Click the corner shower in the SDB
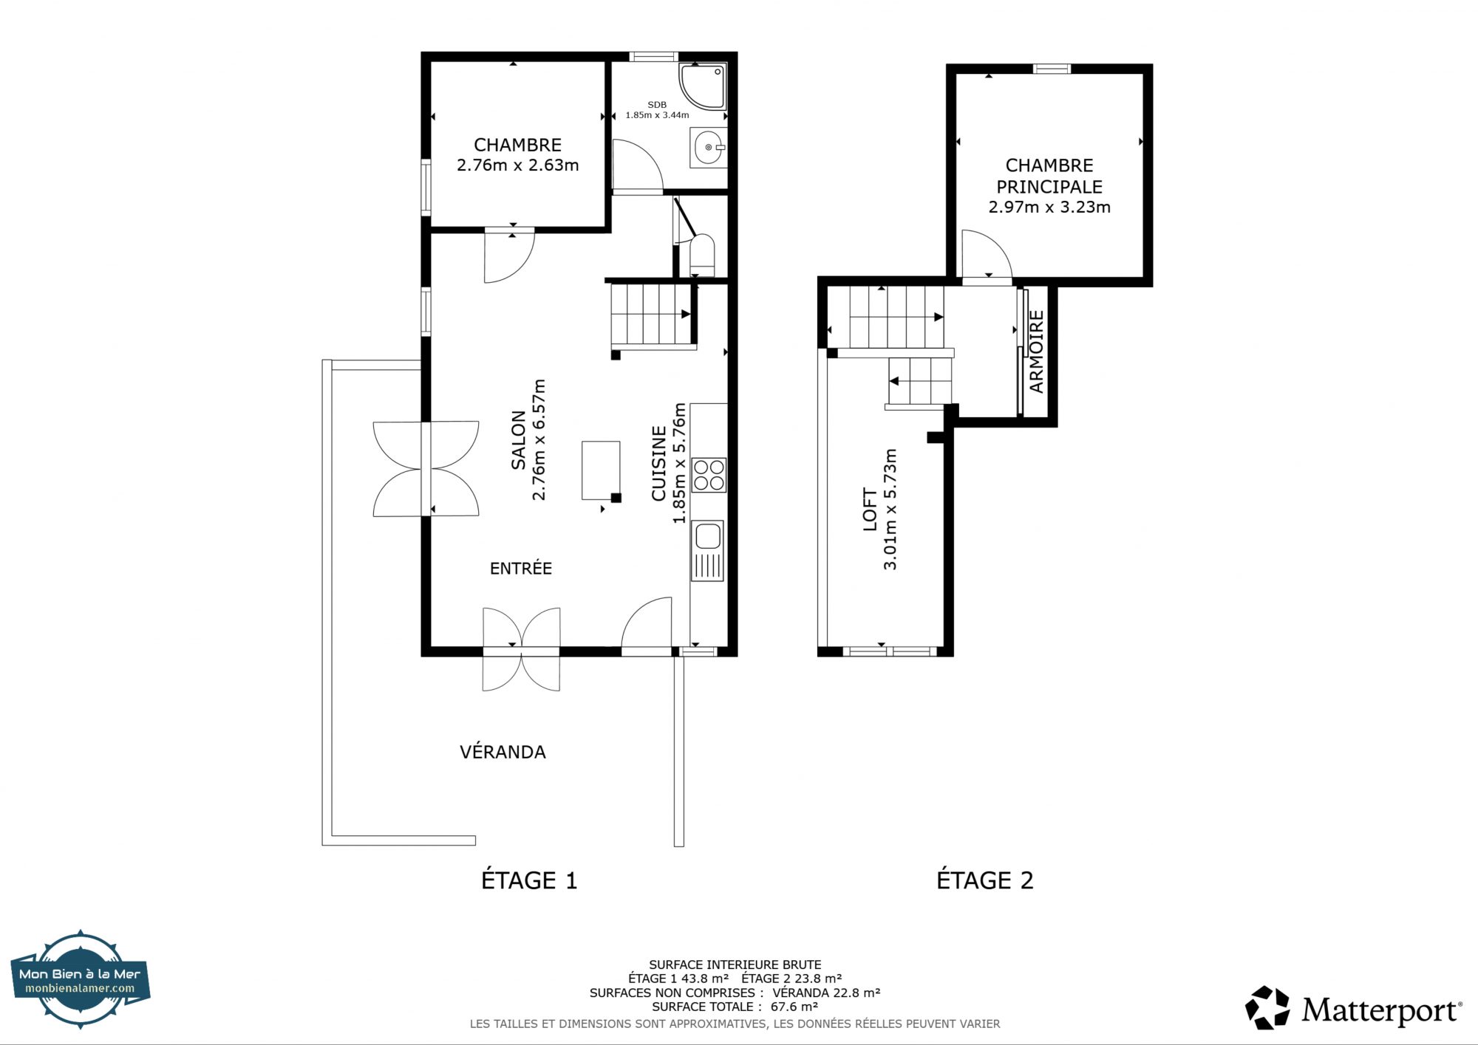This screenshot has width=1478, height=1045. click(702, 86)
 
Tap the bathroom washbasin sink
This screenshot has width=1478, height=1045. click(709, 148)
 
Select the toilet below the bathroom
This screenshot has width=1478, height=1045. click(701, 255)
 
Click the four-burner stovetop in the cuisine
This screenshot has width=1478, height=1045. click(709, 475)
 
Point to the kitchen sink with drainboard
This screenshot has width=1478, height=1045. click(707, 551)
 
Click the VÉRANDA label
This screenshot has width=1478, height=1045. click(503, 752)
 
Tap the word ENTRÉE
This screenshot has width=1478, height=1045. click(521, 568)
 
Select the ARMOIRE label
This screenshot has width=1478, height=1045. click(1036, 352)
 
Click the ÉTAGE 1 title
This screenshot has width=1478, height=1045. click(529, 880)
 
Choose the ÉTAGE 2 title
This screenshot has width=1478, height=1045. click(985, 880)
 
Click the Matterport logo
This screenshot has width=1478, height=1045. click(1353, 1008)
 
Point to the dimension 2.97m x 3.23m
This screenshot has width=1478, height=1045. click(1049, 208)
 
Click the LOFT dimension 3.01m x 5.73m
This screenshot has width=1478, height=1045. click(890, 509)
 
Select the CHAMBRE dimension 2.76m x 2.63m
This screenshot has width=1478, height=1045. click(518, 165)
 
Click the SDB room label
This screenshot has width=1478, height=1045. click(657, 105)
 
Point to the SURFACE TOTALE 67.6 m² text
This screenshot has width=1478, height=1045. click(735, 1007)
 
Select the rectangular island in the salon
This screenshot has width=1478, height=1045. click(601, 470)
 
